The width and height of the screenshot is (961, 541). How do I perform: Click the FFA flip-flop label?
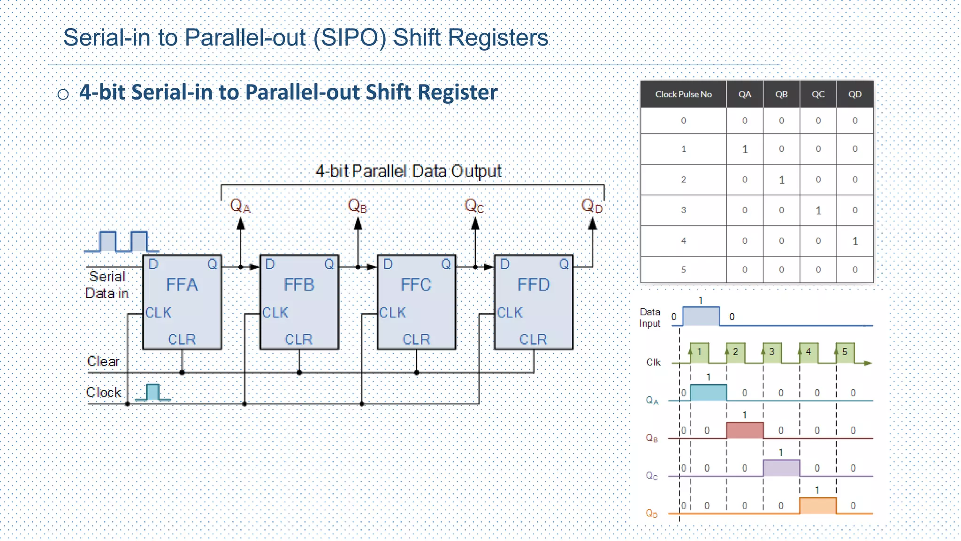pos(182,285)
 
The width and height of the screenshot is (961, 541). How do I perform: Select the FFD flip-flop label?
pos(534,285)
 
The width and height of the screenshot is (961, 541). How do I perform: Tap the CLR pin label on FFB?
pos(298,339)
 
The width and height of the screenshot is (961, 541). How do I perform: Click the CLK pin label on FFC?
pos(392,312)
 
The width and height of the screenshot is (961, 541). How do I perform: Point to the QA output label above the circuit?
pos(240,206)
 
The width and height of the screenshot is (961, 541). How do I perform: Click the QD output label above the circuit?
pos(591,206)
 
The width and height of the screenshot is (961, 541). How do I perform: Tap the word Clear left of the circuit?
pos(103,361)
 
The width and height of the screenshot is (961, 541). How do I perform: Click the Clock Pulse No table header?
pos(683,94)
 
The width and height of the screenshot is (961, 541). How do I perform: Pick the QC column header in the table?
pos(818,94)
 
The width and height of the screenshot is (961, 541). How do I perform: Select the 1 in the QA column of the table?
pos(745,149)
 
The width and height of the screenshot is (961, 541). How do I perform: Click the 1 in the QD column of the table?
pos(855,241)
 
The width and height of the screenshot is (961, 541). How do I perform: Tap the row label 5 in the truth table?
pos(683,270)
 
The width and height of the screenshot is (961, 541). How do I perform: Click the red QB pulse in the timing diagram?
pos(745,430)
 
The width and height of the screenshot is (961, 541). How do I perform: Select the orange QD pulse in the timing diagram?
pos(817,506)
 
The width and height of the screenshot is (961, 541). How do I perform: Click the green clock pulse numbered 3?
pos(772,353)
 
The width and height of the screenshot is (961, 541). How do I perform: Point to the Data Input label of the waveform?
pos(650,317)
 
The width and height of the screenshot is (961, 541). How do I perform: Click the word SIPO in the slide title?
pos(349,38)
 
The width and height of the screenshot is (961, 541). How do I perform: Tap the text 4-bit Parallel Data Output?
pos(408,171)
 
